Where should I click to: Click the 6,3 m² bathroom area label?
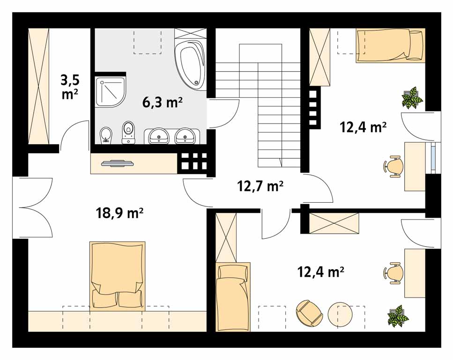[163, 102]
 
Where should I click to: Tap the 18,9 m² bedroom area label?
[119, 213]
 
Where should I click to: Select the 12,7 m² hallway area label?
[260, 186]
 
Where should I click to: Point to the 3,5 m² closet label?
[70, 86]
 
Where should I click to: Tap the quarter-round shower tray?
[111, 92]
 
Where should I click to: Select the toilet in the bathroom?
[128, 132]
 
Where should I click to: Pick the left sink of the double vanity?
[159, 136]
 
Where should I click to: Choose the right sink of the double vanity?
[185, 136]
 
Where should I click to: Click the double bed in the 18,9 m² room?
[117, 276]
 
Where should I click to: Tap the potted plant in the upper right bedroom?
[412, 98]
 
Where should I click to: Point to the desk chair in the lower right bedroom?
[393, 272]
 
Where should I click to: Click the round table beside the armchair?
[340, 315]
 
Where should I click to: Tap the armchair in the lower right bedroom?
[309, 313]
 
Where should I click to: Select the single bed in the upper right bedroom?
[391, 45]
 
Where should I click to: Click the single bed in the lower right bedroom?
[233, 297]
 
